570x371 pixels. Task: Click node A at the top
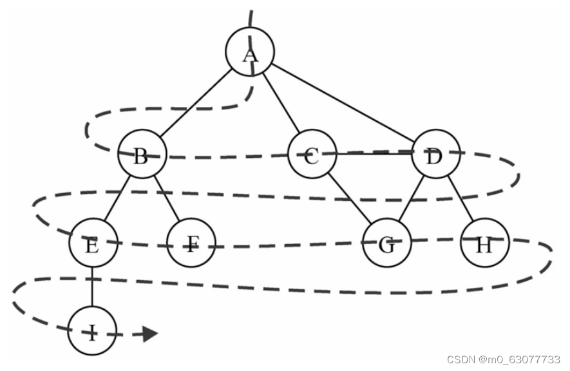pyautogui.click(x=250, y=52)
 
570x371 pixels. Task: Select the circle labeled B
pyautogui.click(x=142, y=154)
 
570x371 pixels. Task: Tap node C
pyautogui.click(x=312, y=154)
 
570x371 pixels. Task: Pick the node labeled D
pyautogui.click(x=436, y=154)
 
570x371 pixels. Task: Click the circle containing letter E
pyautogui.click(x=93, y=243)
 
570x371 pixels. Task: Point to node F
pyautogui.click(x=191, y=243)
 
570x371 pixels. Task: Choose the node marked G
pyautogui.click(x=387, y=243)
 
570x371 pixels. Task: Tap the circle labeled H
pyautogui.click(x=485, y=243)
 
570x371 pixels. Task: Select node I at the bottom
pyautogui.click(x=92, y=330)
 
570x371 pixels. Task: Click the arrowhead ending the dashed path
pyautogui.click(x=149, y=334)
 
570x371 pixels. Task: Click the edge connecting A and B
pyautogui.click(x=196, y=103)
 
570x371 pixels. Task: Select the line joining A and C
pyautogui.click(x=281, y=102)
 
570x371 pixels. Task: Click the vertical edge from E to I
pyautogui.click(x=92, y=287)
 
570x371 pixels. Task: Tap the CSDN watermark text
pyautogui.click(x=504, y=359)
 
